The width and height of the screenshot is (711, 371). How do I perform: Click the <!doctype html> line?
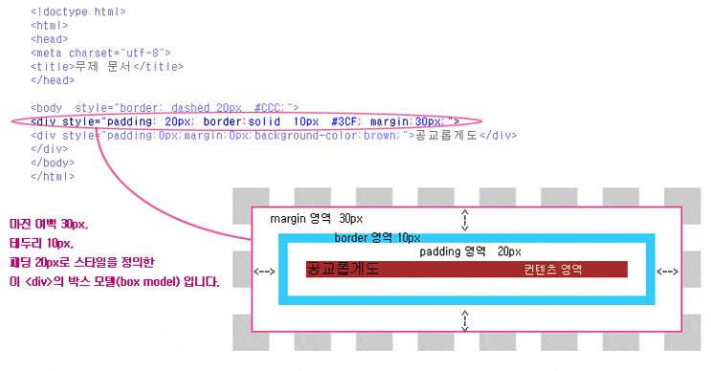coord(78,11)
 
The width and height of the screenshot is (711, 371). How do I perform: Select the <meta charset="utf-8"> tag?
coord(100,53)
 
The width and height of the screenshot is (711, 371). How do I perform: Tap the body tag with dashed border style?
coord(165,108)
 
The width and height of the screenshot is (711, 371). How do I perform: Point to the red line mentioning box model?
coord(114,282)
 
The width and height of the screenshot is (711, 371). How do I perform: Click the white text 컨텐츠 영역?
coord(553,270)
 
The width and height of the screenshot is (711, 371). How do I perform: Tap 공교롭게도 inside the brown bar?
coord(343,270)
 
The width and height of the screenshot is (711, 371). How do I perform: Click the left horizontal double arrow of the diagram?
coord(265,272)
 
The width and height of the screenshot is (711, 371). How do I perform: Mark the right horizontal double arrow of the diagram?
coord(668,272)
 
